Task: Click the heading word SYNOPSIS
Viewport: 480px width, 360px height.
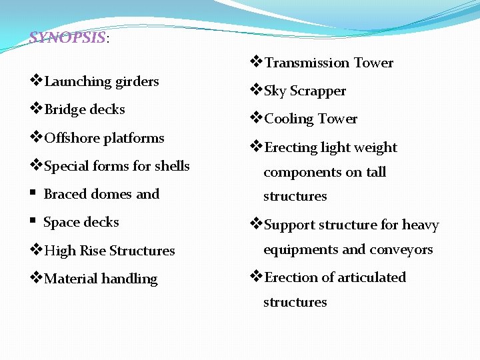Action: click(67, 37)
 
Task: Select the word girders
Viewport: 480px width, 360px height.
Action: click(137, 81)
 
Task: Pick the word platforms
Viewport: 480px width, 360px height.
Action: click(133, 138)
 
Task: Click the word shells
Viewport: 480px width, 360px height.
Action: click(172, 166)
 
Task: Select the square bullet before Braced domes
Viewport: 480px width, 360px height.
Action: click(33, 194)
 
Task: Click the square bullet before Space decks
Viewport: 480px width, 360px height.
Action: click(33, 222)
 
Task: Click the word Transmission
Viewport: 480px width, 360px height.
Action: click(307, 63)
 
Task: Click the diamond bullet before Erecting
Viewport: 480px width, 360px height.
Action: click(256, 147)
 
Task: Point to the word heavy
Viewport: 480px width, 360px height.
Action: click(420, 225)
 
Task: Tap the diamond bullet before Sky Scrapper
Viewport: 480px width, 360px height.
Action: click(256, 90)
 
